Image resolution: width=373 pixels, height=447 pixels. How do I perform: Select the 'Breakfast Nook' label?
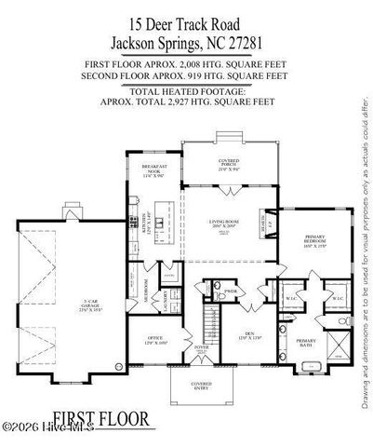tap(153, 171)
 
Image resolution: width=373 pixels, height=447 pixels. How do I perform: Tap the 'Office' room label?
tap(152, 341)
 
